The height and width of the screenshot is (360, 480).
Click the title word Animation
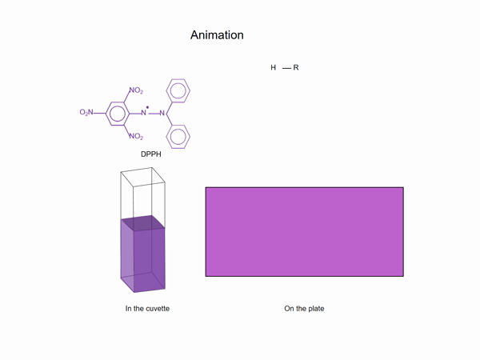point(217,35)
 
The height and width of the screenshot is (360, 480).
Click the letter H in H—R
point(274,68)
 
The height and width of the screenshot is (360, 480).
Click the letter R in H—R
point(296,68)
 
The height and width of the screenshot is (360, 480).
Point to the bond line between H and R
point(286,68)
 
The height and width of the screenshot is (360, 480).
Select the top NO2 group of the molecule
point(135,90)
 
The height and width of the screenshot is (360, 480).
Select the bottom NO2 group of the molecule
point(135,136)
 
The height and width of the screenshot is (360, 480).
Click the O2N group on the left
point(86,113)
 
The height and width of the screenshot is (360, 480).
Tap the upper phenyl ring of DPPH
point(179,90)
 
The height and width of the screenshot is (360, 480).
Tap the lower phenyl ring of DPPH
point(179,136)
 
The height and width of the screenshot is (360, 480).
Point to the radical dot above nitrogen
point(148,106)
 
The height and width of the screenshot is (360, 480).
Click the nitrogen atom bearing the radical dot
point(145,113)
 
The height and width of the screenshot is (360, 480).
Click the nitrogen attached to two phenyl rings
point(162,113)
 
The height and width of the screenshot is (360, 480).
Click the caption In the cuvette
point(147,308)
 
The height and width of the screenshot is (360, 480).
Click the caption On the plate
point(304,308)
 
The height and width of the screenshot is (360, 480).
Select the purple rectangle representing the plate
point(304,232)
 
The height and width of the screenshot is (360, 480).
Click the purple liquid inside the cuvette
point(142,260)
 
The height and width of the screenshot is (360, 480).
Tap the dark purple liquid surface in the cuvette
point(143,223)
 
